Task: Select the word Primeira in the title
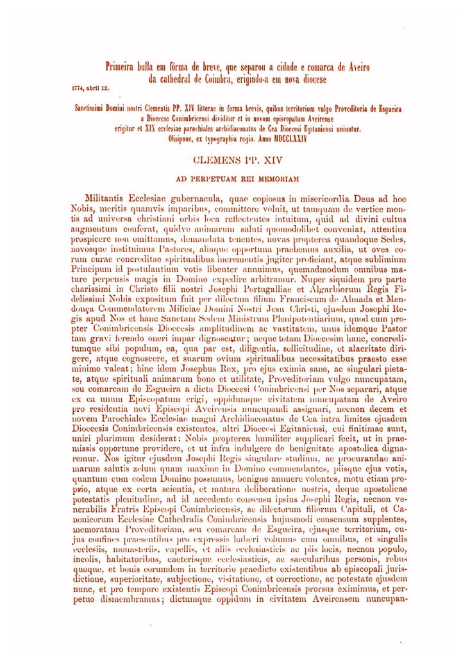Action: tap(122, 66)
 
